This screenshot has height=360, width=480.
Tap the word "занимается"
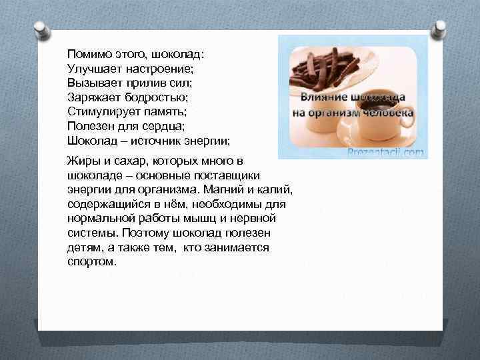pos(241,247)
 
